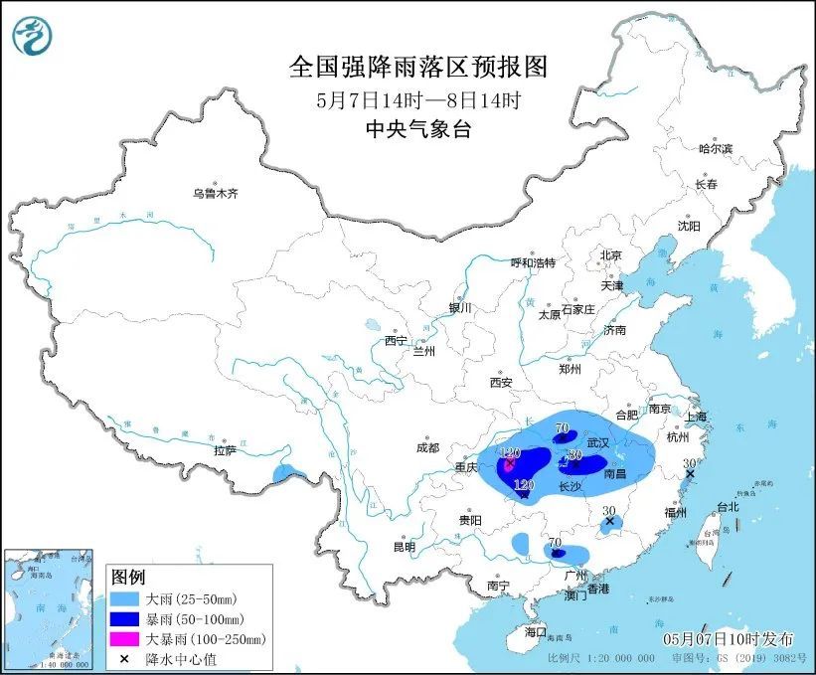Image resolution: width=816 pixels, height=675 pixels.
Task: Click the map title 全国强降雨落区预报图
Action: click(x=417, y=67)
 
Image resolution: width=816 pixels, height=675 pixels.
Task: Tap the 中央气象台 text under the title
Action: click(x=417, y=128)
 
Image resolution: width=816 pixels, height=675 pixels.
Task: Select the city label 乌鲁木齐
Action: click(x=216, y=193)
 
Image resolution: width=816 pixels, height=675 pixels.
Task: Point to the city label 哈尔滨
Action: click(x=715, y=148)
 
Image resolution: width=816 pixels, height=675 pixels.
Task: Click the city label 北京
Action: click(x=610, y=255)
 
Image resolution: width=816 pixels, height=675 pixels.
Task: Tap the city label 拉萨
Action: click(x=225, y=450)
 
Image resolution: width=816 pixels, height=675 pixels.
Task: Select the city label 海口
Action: click(x=536, y=631)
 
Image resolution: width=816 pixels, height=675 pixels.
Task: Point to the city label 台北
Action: click(x=728, y=507)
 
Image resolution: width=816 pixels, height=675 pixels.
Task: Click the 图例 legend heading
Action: click(x=128, y=578)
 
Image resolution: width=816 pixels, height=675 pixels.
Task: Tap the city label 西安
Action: click(x=500, y=383)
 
